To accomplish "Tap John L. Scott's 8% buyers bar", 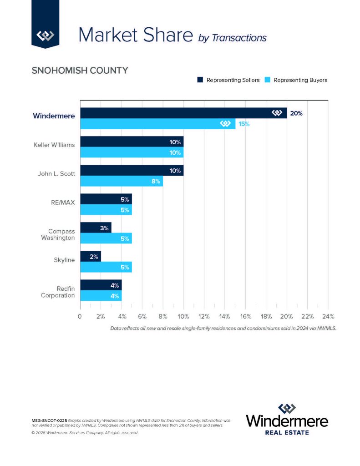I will pos(121,181).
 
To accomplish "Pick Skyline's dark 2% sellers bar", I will pos(90,257).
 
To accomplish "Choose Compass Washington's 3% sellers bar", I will pos(96,228).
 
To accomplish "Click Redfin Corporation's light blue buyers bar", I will pos(101,296).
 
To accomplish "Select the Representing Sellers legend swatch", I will pos(200,80).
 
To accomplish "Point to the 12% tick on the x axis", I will pos(204,316).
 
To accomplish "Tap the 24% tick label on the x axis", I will pos(328,316).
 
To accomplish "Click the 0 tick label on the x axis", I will pos(80,316).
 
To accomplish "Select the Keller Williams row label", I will pos(54,145).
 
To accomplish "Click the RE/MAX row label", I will pos(63,202).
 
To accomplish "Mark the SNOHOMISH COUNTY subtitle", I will pos(80,71).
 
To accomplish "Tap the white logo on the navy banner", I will pos(46,35).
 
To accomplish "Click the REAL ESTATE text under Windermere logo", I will pos(287,432).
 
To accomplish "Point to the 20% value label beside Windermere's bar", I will pos(296,113).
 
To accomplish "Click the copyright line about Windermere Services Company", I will pos(85,433).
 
